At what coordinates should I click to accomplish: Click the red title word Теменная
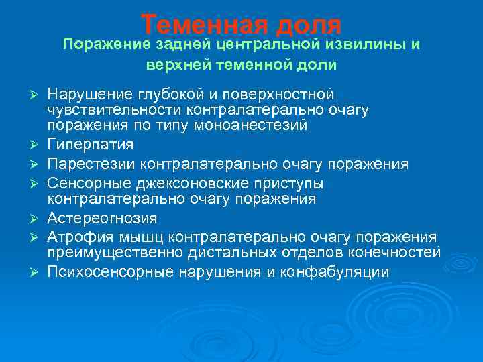click(201, 25)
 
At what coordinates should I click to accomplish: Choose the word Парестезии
click(90, 164)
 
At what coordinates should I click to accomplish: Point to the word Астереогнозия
click(103, 219)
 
